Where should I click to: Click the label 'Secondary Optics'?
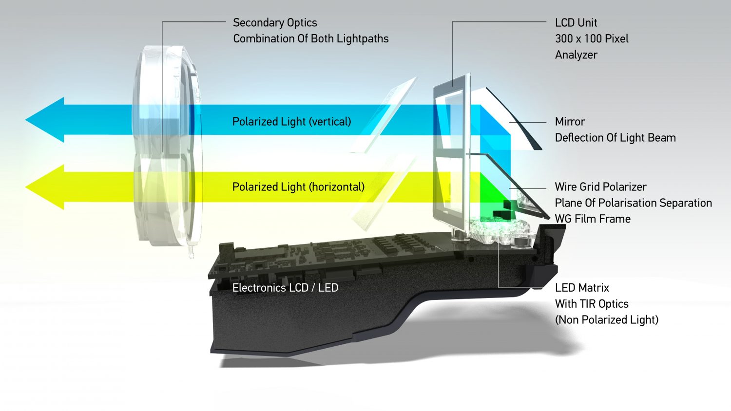[275, 23]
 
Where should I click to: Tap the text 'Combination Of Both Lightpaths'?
[310, 39]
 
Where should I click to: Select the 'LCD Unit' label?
[576, 23]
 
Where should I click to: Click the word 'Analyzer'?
[576, 55]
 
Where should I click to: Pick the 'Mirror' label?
[570, 122]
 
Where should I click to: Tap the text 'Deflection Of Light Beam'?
[615, 138]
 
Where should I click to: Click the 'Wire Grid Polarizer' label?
[600, 187]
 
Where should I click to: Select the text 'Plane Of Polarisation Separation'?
[633, 203]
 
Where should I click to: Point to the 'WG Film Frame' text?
[593, 219]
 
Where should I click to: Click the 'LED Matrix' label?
[582, 288]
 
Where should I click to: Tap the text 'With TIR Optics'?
[592, 304]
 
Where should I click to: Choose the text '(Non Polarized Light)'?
[607, 320]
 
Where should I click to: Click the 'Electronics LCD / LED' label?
[285, 288]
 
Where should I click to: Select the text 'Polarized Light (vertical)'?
[291, 122]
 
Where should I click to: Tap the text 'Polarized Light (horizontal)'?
[298, 187]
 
